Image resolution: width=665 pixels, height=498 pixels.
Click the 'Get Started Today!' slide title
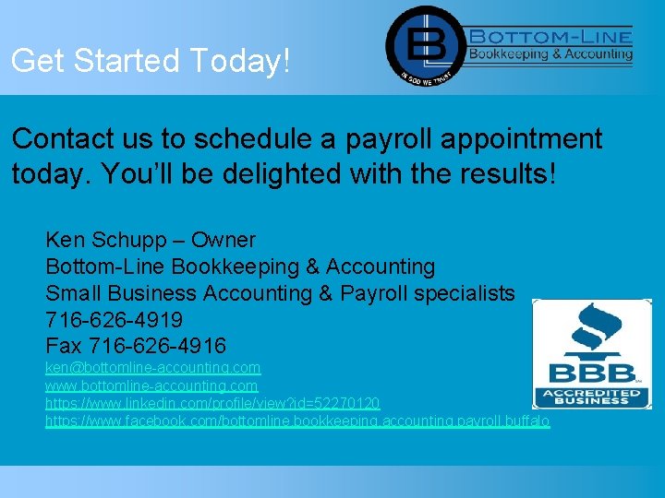151,61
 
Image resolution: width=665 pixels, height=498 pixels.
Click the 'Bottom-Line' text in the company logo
551,36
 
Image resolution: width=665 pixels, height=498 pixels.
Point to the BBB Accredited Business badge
591,354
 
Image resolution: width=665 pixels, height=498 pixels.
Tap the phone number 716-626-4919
115,320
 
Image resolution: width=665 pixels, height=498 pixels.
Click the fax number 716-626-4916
157,347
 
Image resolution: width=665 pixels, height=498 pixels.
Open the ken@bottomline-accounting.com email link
153,368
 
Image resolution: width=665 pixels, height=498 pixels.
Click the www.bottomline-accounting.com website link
152,385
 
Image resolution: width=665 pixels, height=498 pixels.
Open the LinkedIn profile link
212,403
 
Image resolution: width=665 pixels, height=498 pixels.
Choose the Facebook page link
297,421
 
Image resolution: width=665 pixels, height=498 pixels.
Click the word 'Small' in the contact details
75,293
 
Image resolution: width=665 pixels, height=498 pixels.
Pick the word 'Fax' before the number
64,347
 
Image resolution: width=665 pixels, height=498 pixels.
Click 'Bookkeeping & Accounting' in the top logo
551,54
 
